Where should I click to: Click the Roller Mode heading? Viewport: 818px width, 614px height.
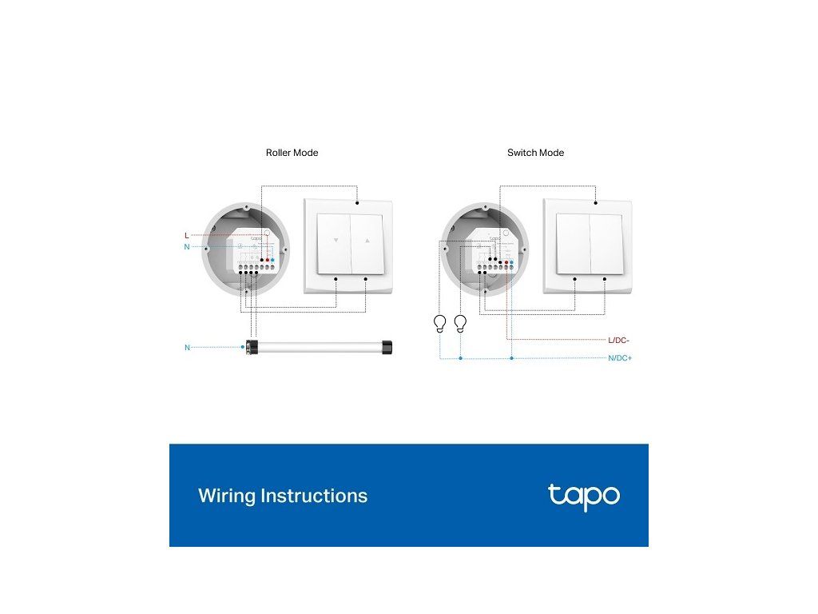point(292,153)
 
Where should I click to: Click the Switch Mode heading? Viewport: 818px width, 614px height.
point(535,153)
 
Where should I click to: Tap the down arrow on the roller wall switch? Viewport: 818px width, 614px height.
point(336,240)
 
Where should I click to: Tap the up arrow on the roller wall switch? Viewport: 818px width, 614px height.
point(367,240)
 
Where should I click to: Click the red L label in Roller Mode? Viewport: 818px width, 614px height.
point(187,236)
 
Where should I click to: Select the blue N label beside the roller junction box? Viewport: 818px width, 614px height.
point(187,247)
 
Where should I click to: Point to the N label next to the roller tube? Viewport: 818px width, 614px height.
point(188,348)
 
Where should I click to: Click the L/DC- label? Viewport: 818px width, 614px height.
point(619,341)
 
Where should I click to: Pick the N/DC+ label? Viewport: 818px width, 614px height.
point(620,358)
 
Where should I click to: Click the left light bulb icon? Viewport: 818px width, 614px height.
point(439,323)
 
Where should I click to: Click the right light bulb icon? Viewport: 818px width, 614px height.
point(460,323)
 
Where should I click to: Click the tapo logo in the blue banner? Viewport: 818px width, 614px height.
point(583,496)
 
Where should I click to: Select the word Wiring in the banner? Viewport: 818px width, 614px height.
point(222,496)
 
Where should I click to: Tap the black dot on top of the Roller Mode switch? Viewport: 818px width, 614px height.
point(357,201)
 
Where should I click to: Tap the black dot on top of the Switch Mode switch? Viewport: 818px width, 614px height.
point(596,201)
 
